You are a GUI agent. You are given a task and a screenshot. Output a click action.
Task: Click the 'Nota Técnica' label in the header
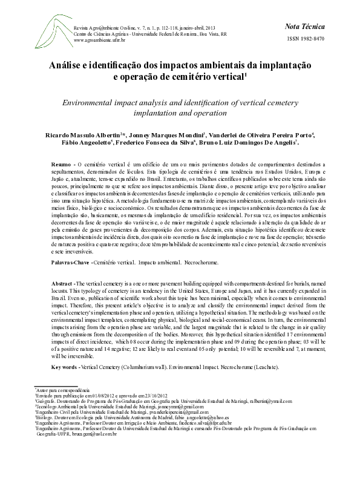click(x=305, y=27)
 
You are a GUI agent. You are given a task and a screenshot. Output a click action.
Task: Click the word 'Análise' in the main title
click(x=70, y=66)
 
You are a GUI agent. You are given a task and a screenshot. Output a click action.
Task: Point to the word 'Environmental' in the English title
click(x=97, y=102)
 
